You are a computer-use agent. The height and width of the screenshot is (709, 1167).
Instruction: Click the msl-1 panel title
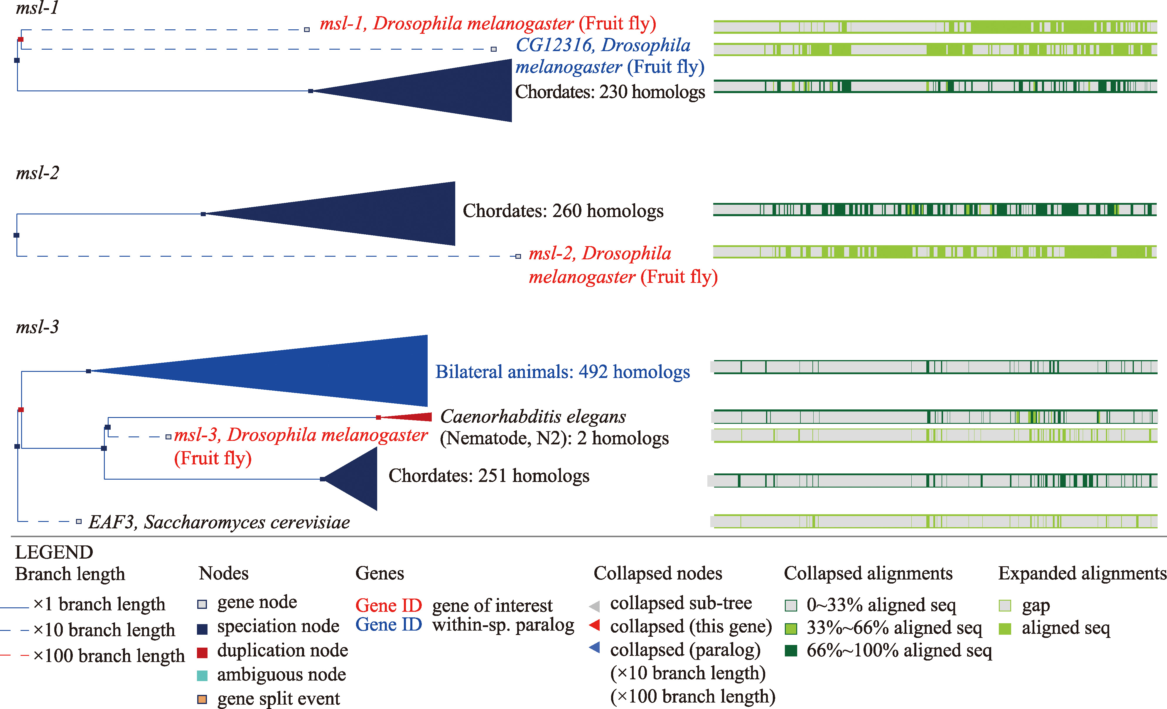click(37, 8)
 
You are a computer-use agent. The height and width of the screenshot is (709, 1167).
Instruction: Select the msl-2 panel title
click(37, 173)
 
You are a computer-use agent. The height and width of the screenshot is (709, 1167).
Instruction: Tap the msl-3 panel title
click(37, 327)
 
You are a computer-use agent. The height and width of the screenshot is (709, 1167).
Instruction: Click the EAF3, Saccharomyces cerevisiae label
click(219, 522)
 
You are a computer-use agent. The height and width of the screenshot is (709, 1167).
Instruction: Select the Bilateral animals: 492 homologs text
click(563, 372)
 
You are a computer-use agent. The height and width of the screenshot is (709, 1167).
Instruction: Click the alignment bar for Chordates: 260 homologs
click(935, 209)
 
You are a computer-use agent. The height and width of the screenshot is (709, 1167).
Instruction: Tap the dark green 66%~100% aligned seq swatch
click(791, 651)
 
